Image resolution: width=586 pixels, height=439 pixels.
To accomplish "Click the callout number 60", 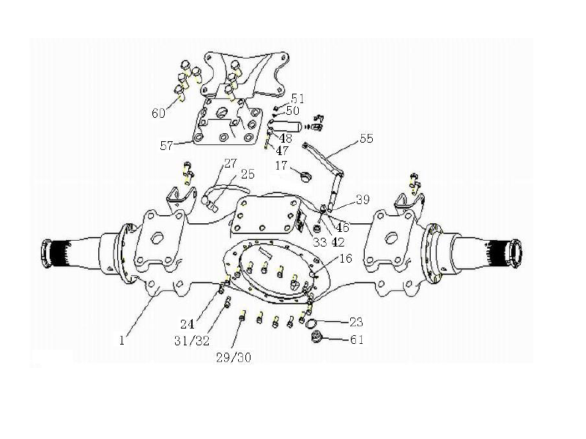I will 159,113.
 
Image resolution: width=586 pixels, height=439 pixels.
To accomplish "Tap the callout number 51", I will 297,98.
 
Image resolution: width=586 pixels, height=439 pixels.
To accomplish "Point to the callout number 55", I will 366,138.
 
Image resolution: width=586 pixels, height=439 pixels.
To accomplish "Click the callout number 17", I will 281,166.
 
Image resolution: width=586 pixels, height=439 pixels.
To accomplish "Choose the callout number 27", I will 231,162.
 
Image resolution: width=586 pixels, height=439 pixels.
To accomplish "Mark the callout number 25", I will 248,174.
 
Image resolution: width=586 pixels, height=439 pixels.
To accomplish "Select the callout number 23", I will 356,322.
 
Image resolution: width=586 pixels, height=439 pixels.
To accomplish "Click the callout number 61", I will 357,339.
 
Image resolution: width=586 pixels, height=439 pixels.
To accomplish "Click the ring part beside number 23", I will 312,323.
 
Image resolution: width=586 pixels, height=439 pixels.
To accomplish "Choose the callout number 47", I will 283,149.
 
